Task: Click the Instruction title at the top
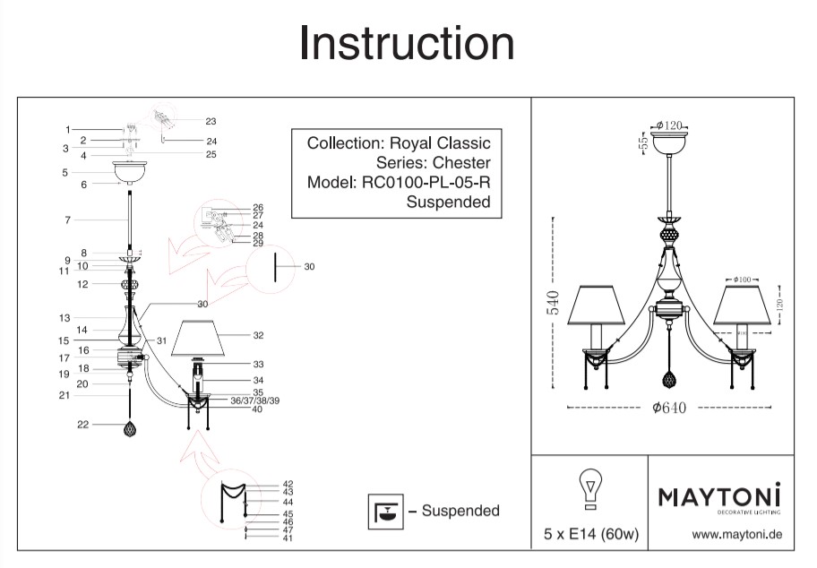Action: click(407, 43)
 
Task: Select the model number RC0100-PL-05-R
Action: click(426, 183)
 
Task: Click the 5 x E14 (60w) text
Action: click(590, 535)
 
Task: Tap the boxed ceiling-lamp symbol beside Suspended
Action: click(387, 511)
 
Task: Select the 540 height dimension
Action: click(553, 305)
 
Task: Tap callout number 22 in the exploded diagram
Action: click(83, 425)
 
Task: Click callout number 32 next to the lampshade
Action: click(258, 335)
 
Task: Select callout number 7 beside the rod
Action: click(66, 219)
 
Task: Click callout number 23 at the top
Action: click(211, 121)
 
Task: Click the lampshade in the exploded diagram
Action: click(208, 338)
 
